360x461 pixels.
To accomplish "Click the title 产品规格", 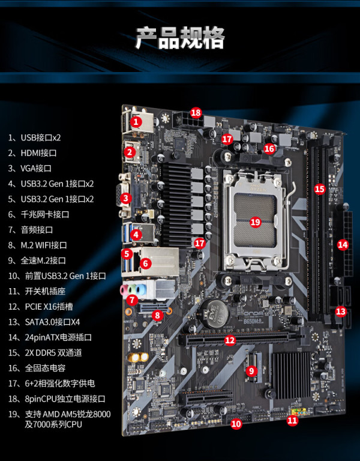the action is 179,38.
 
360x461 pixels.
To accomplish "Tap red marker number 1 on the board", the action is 136,121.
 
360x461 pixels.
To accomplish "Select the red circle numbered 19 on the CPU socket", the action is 256,221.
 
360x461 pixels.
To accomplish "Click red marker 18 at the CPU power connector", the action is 196,113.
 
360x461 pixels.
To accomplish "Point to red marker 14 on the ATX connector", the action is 343,245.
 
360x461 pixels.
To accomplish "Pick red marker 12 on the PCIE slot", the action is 230,340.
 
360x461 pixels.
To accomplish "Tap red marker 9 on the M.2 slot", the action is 251,371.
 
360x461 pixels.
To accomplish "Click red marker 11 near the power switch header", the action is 292,420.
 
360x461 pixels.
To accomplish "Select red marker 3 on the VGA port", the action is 126,198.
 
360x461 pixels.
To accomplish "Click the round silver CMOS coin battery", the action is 214,312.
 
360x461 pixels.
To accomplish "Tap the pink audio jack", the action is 124,290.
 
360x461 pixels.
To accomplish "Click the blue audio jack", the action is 142,290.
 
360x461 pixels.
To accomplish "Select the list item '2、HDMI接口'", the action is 32,153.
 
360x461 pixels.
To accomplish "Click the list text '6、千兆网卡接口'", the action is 39,214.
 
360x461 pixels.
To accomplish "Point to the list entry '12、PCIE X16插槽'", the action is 41,307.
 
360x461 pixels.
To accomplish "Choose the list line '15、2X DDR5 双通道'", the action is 45,353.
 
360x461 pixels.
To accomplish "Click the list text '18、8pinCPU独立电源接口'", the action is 57,399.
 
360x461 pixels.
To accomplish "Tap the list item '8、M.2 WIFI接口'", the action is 38,245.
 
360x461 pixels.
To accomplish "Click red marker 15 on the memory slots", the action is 320,188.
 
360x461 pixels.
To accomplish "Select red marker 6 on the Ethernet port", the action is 145,263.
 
